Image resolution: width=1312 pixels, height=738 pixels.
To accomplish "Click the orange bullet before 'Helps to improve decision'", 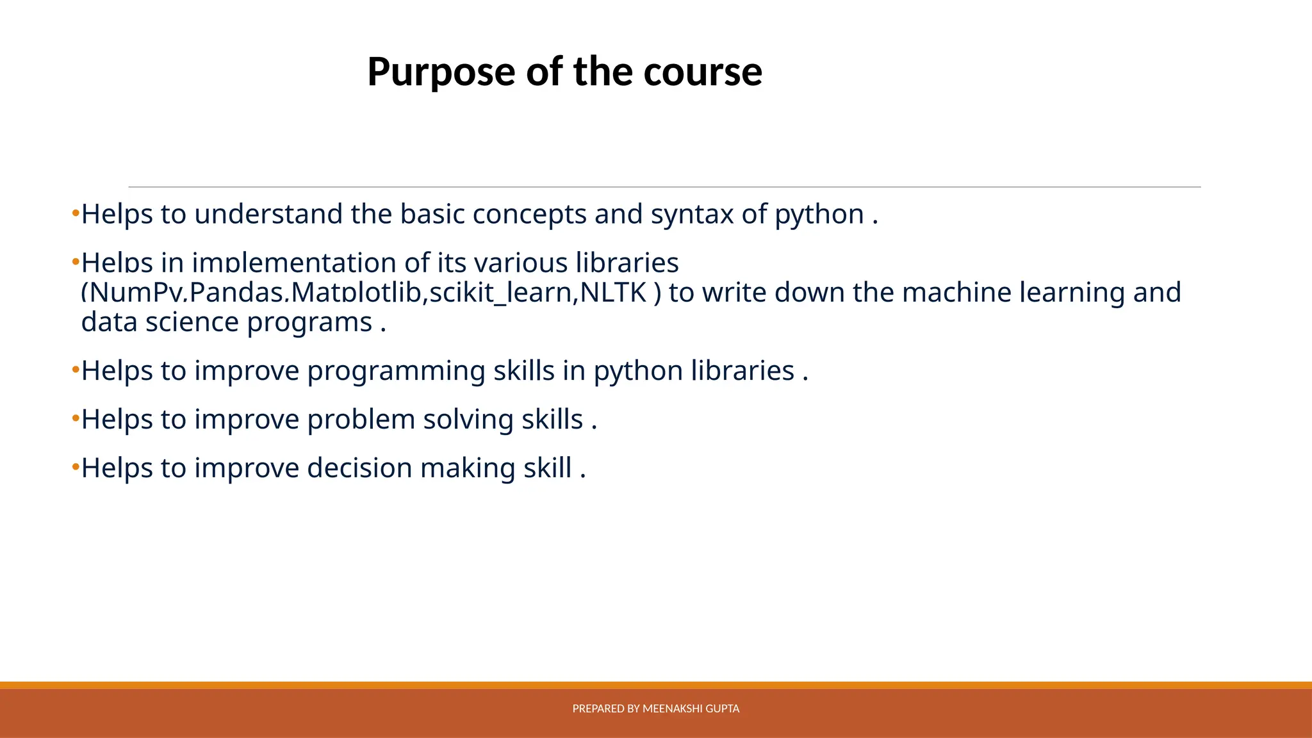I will (76, 467).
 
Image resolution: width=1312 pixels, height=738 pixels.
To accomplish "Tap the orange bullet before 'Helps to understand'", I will (76, 213).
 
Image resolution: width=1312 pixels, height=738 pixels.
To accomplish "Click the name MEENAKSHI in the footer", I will (672, 709).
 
